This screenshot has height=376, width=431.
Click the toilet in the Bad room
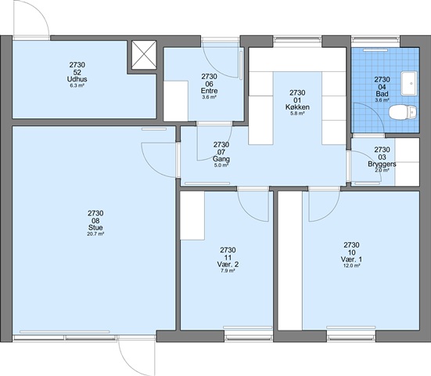(x=403, y=112)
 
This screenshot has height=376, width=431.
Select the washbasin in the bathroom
(x=409, y=83)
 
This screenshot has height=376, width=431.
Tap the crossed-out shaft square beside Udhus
(x=144, y=55)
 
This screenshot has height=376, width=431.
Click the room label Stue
(x=95, y=228)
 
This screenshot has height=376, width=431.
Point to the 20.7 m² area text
(x=95, y=234)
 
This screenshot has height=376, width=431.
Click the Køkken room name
(x=297, y=107)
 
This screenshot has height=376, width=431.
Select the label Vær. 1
(x=351, y=259)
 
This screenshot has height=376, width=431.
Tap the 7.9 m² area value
(x=228, y=271)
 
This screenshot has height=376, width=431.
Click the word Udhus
(x=77, y=79)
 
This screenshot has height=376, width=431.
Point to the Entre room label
(x=209, y=91)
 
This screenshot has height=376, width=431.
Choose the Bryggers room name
(x=382, y=164)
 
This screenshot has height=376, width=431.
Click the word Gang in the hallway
(x=221, y=159)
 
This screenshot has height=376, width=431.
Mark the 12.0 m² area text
(x=351, y=266)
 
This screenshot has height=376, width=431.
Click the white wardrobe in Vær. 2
(x=192, y=215)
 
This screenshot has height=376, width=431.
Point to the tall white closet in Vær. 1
(x=290, y=260)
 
